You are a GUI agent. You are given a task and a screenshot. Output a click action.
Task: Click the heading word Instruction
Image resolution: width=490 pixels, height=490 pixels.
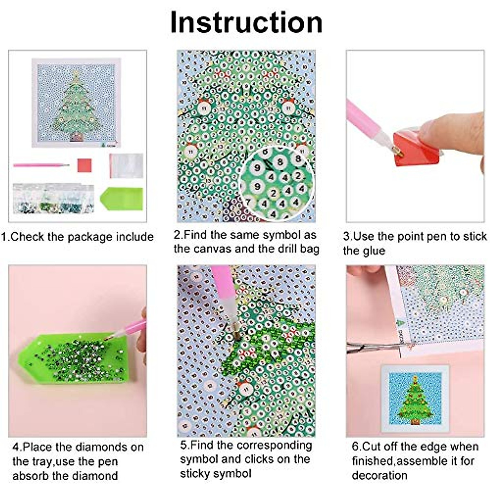tap(246, 22)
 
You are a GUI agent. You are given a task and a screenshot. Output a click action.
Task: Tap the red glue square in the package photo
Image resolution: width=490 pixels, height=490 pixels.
tap(84, 165)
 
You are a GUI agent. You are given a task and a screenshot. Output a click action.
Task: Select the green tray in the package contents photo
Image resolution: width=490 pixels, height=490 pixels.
tap(122, 198)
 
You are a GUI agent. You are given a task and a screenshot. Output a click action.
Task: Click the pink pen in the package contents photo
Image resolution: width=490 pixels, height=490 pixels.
tap(41, 165)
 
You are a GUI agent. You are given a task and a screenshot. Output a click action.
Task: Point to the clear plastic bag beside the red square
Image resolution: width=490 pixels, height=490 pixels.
tap(126, 165)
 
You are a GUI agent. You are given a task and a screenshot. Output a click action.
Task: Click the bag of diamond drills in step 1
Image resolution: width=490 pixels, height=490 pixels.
tap(53, 198)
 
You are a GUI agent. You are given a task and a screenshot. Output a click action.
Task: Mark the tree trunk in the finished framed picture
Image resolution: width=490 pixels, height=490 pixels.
tap(415, 422)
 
